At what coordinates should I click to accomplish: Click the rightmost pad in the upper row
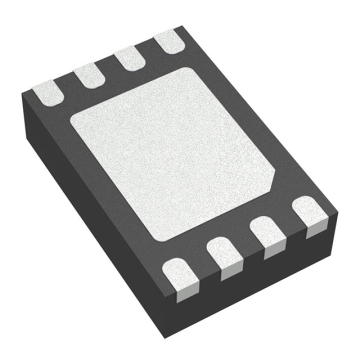pos(166,41)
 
